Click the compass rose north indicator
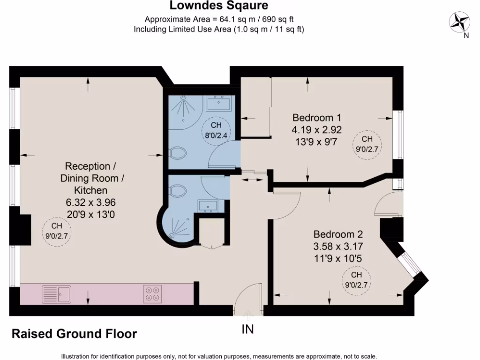click(x=459, y=22)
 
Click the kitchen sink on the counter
click(x=56, y=294)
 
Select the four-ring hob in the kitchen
click(x=153, y=294)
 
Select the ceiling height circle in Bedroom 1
click(x=367, y=144)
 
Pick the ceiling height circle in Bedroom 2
click(x=356, y=280)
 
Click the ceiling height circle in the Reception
click(x=56, y=231)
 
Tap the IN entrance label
click(x=247, y=330)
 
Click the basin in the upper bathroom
click(x=217, y=103)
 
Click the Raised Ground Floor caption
click(x=74, y=334)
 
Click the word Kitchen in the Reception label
click(x=90, y=190)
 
